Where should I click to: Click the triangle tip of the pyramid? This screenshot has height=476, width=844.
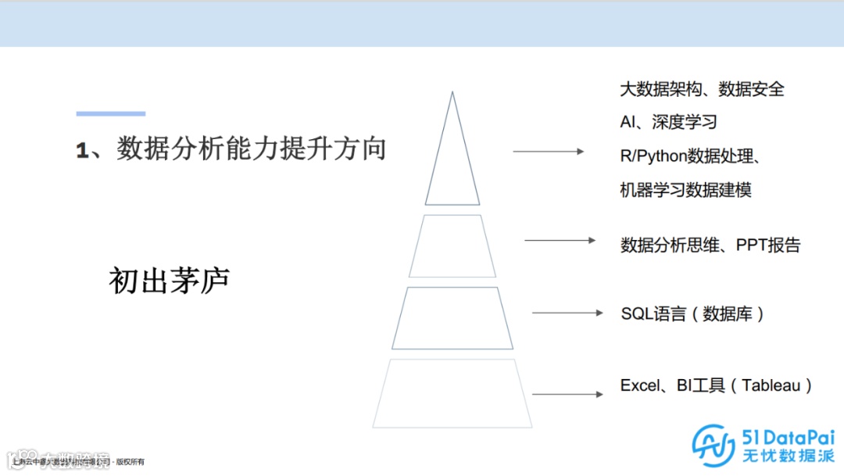tap(452, 156)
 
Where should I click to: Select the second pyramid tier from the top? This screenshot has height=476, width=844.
tap(452, 245)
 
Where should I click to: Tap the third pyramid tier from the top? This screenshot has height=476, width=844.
tap(452, 317)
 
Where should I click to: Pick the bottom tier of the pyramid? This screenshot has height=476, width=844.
tap(452, 392)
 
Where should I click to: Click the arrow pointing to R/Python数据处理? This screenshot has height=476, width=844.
tap(548, 151)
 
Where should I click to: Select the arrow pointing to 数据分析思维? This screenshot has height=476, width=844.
tap(560, 240)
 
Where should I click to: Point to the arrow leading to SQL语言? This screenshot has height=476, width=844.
tap(567, 313)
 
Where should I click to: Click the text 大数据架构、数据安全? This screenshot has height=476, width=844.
tap(702, 89)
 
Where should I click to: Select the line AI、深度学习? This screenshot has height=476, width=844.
tap(668, 123)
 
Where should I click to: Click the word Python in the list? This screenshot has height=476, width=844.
tap(663, 156)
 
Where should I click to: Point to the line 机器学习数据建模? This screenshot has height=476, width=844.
tap(685, 190)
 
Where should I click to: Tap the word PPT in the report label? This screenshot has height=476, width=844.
tap(751, 245)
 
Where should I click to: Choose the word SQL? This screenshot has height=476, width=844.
tap(636, 313)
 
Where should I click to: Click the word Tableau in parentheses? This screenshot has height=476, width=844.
tap(771, 385)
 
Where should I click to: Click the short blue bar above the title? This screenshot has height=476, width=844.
tap(110, 114)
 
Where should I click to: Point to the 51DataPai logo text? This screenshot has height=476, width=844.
tap(786, 438)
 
